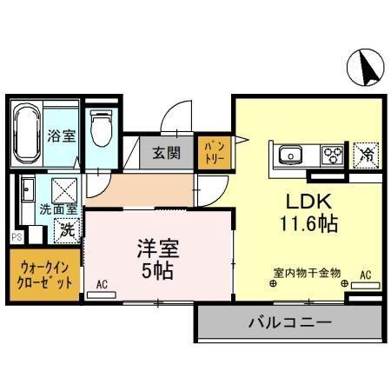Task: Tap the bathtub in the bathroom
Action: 24,136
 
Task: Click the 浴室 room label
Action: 61,136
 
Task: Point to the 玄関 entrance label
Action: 168,154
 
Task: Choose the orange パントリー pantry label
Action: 213,154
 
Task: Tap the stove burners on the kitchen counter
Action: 333,156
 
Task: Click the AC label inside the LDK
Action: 365,275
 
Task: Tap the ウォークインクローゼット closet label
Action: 43,275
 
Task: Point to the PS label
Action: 16,235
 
